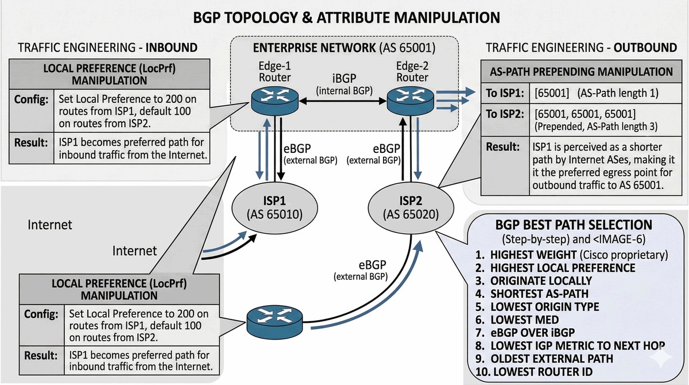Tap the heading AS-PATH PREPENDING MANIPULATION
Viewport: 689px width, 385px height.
click(x=581, y=72)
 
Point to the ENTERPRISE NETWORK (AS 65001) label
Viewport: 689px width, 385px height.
click(x=344, y=48)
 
